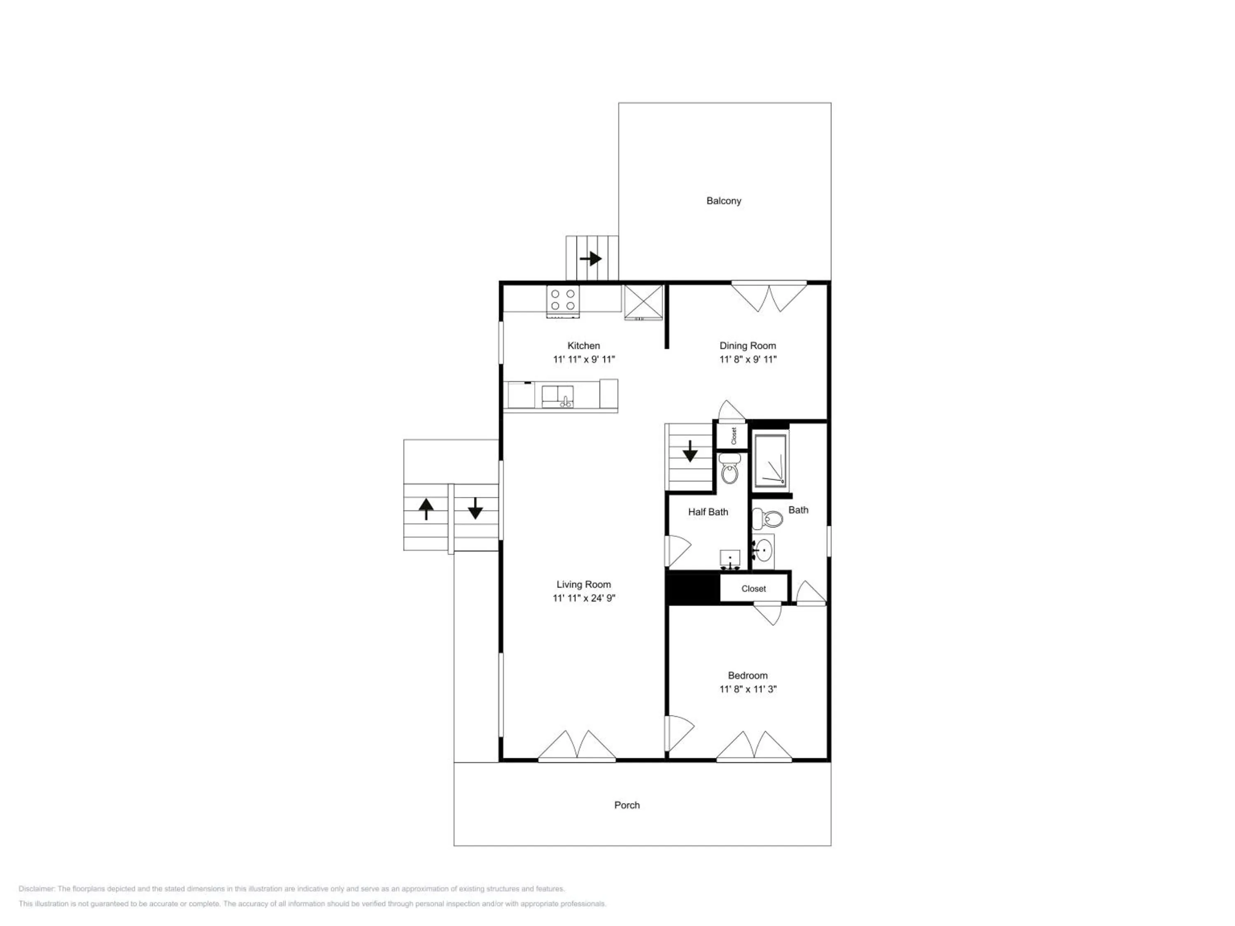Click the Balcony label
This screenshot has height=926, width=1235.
(724, 201)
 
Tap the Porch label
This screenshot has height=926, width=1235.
(627, 805)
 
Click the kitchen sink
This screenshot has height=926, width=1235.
(558, 396)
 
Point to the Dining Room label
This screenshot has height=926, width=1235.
(748, 346)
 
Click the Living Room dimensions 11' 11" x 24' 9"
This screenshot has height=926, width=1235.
(584, 598)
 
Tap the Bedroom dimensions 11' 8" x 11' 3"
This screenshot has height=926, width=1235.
(748, 689)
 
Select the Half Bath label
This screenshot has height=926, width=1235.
(708, 512)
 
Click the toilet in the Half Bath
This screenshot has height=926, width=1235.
(729, 468)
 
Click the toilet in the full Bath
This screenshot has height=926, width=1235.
(767, 519)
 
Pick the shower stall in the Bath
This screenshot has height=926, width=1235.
(771, 459)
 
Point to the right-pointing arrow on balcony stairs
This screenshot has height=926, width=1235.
(591, 259)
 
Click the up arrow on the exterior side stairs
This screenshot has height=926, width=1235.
(426, 509)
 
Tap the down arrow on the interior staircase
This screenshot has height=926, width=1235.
(690, 451)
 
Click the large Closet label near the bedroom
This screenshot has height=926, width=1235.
(754, 588)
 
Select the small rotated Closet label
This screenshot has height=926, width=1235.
(734, 435)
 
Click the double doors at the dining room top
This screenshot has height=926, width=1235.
(769, 296)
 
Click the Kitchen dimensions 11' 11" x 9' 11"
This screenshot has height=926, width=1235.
(584, 359)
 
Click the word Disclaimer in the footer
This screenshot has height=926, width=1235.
(36, 889)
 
